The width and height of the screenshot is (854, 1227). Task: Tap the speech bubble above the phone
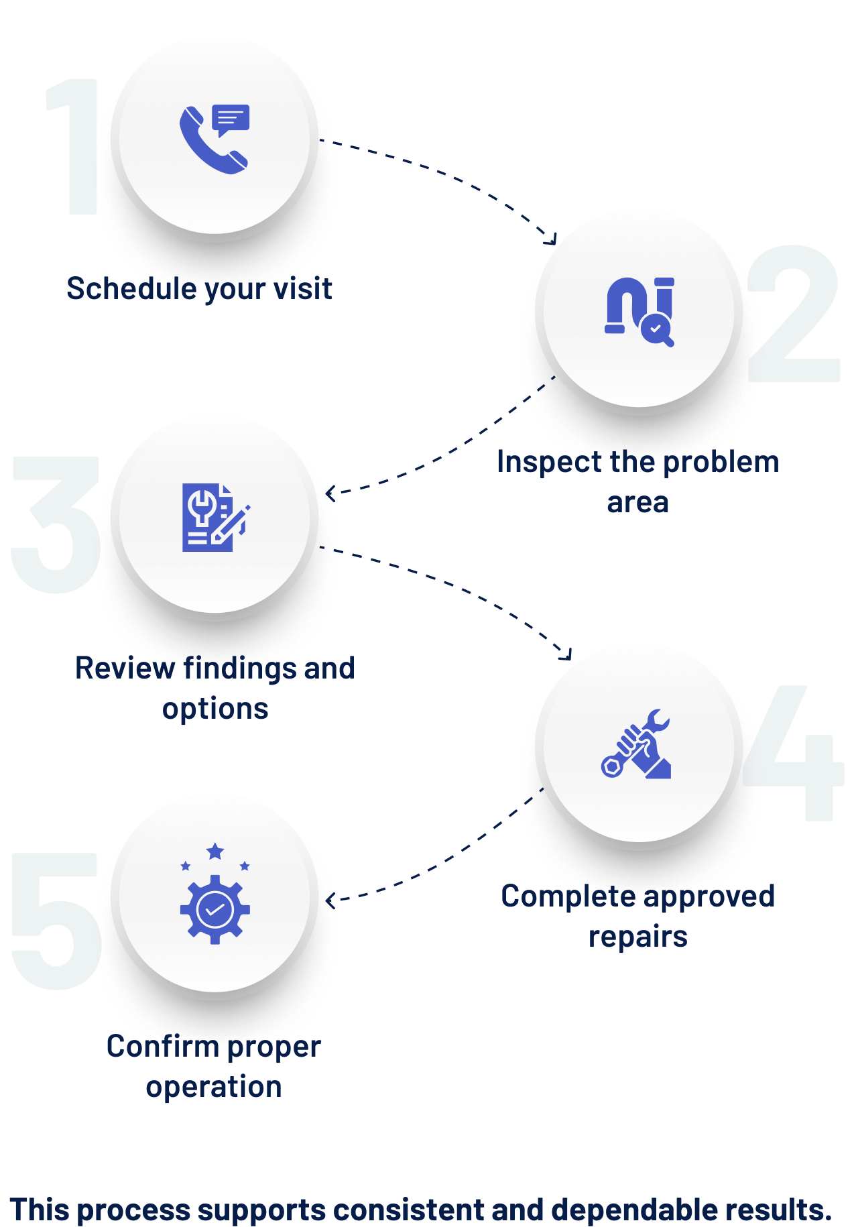click(x=231, y=119)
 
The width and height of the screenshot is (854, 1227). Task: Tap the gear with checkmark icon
click(x=215, y=909)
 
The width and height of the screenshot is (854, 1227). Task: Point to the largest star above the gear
click(x=215, y=852)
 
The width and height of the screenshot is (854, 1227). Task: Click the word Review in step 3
click(x=125, y=668)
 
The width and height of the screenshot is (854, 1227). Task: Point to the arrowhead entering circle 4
click(x=567, y=654)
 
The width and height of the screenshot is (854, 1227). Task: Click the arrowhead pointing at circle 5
click(x=330, y=899)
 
